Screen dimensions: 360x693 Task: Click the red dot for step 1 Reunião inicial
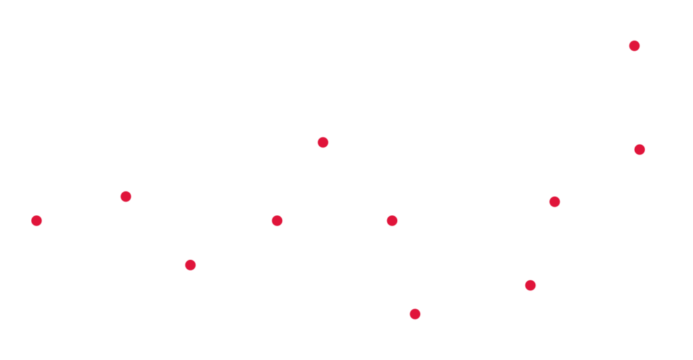pyautogui.click(x=37, y=221)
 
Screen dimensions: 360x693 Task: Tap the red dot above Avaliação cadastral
pyautogui.click(x=125, y=196)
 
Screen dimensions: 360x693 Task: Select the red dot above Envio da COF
pyautogui.click(x=190, y=264)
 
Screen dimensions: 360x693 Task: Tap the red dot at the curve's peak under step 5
pyautogui.click(x=323, y=142)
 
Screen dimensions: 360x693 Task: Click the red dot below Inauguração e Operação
pyautogui.click(x=634, y=45)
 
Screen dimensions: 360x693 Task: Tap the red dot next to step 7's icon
pyautogui.click(x=415, y=314)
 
